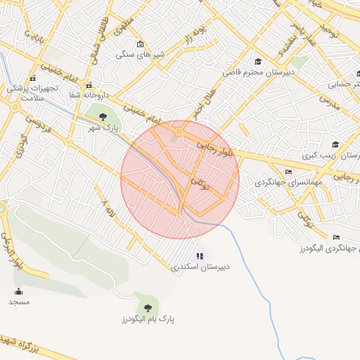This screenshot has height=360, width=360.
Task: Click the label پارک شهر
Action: tap(103, 129)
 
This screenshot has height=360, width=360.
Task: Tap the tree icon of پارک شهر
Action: tap(103, 116)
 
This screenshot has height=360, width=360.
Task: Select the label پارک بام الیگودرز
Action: tap(147, 319)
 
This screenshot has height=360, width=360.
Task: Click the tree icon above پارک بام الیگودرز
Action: tap(147, 307)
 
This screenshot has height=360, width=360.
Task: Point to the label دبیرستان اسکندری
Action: tap(200, 268)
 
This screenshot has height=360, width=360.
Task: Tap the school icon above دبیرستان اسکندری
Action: tap(200, 256)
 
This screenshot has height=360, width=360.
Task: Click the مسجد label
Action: tap(19, 302)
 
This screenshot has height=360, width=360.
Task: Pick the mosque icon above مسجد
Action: tap(18, 291)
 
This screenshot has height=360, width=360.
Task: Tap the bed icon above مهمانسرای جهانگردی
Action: tap(288, 172)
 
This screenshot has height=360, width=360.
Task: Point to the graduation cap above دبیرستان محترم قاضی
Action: tap(258, 61)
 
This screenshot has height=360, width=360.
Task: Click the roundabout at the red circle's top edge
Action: tap(179, 131)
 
